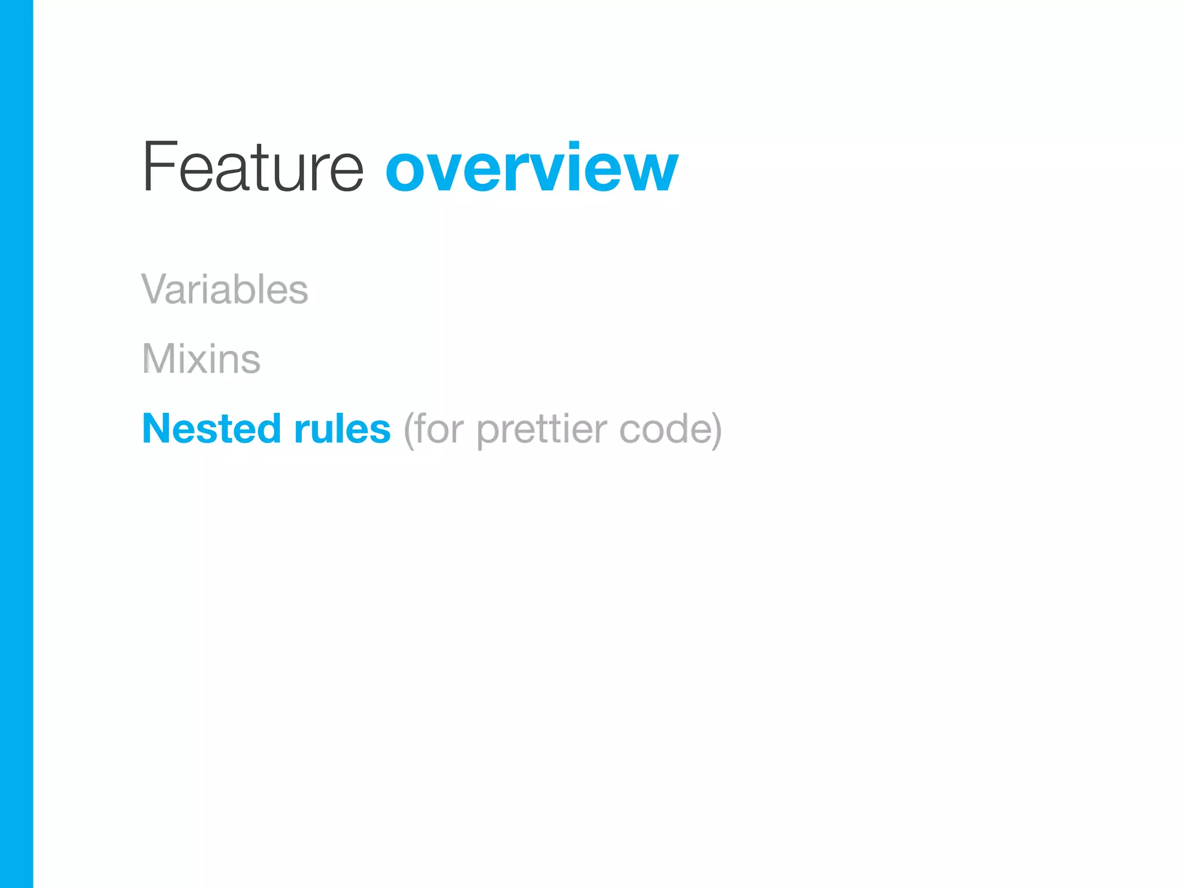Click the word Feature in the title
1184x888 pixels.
coord(253,168)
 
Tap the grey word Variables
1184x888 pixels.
coord(224,289)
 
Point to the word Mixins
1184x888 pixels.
coord(201,359)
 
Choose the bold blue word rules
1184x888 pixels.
coord(342,429)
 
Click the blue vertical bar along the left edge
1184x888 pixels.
coord(16,444)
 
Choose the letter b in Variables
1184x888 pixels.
coord(245,288)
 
